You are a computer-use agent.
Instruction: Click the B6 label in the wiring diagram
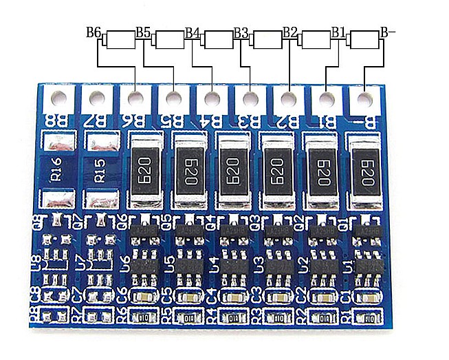(x=94, y=32)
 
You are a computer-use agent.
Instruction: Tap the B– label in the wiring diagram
(x=388, y=32)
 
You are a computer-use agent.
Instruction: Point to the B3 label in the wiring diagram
(x=241, y=32)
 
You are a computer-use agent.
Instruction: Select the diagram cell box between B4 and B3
(x=218, y=40)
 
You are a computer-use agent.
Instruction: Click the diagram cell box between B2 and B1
(x=316, y=40)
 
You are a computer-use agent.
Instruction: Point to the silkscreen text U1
(x=349, y=265)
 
